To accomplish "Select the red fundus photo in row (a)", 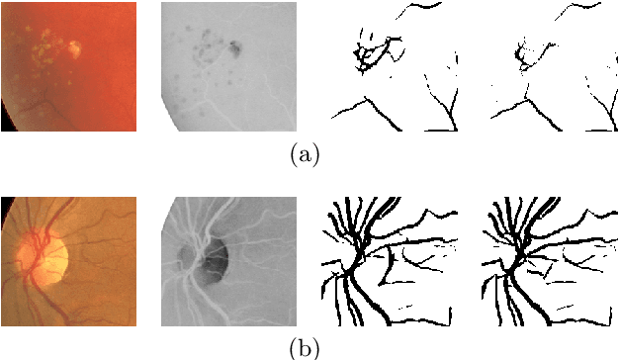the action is (x=68, y=66).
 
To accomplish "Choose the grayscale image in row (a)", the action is (x=228, y=66).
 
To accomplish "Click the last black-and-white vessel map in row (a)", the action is (x=551, y=66).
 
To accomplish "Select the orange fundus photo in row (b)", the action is (x=68, y=260).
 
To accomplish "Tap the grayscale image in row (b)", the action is (x=228, y=260).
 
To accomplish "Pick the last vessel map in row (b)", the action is (x=551, y=260).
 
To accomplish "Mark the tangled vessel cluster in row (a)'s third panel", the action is (x=372, y=53).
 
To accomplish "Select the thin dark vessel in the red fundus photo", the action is (x=40, y=99).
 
